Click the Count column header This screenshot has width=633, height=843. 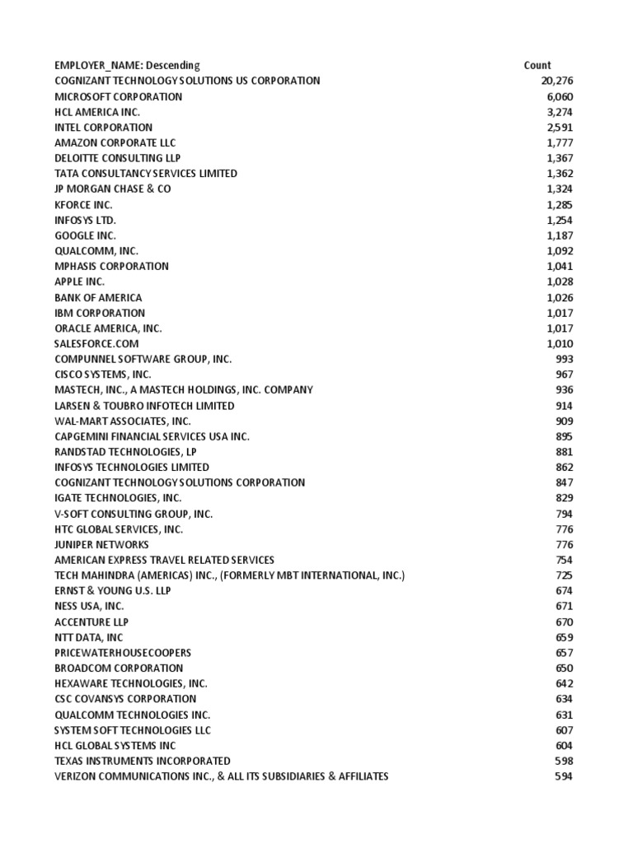click(x=537, y=65)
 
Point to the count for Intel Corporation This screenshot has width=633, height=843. click(x=560, y=128)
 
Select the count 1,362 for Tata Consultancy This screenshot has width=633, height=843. click(x=560, y=174)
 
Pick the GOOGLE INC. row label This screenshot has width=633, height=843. click(x=85, y=235)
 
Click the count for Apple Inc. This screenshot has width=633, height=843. click(x=560, y=282)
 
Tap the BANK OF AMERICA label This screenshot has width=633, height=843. click(x=98, y=297)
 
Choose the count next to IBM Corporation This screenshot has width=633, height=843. click(x=560, y=313)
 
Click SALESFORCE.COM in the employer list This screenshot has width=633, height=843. click(x=96, y=343)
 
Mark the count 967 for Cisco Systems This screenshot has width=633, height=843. click(x=564, y=375)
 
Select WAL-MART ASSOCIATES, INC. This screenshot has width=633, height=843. click(x=123, y=421)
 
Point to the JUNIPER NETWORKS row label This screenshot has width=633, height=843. click(x=101, y=544)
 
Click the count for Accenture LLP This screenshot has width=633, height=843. click(x=564, y=622)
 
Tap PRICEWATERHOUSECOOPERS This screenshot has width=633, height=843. click(x=123, y=653)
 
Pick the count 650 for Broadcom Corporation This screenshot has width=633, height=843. click(x=564, y=668)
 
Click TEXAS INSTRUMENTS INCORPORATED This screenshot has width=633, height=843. click(x=143, y=761)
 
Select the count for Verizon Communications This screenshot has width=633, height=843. click(x=564, y=776)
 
